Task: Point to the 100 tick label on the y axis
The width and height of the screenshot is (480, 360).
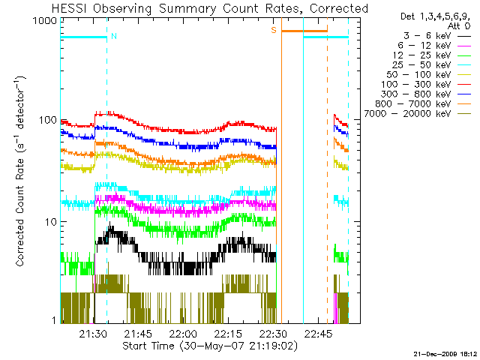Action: click(48, 121)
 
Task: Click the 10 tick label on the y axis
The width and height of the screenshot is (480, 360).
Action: click(50, 222)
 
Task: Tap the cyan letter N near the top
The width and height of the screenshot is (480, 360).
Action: click(114, 35)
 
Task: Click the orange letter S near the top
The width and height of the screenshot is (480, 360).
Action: click(274, 30)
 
